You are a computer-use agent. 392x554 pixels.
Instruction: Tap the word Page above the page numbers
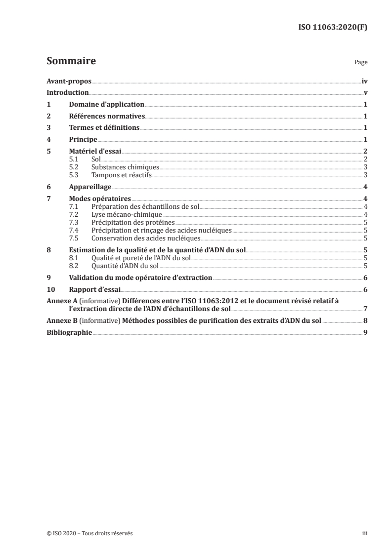point(360,63)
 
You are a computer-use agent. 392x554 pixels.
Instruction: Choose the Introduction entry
point(67,93)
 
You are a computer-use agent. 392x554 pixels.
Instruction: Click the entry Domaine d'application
point(106,105)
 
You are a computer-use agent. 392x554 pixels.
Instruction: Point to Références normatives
point(106,117)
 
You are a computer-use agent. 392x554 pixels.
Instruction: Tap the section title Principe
point(83,140)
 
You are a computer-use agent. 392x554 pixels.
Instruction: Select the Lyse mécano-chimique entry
point(127,215)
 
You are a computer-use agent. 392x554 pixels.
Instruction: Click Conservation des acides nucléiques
point(145,237)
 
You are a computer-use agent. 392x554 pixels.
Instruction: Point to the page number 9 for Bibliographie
point(365,333)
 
